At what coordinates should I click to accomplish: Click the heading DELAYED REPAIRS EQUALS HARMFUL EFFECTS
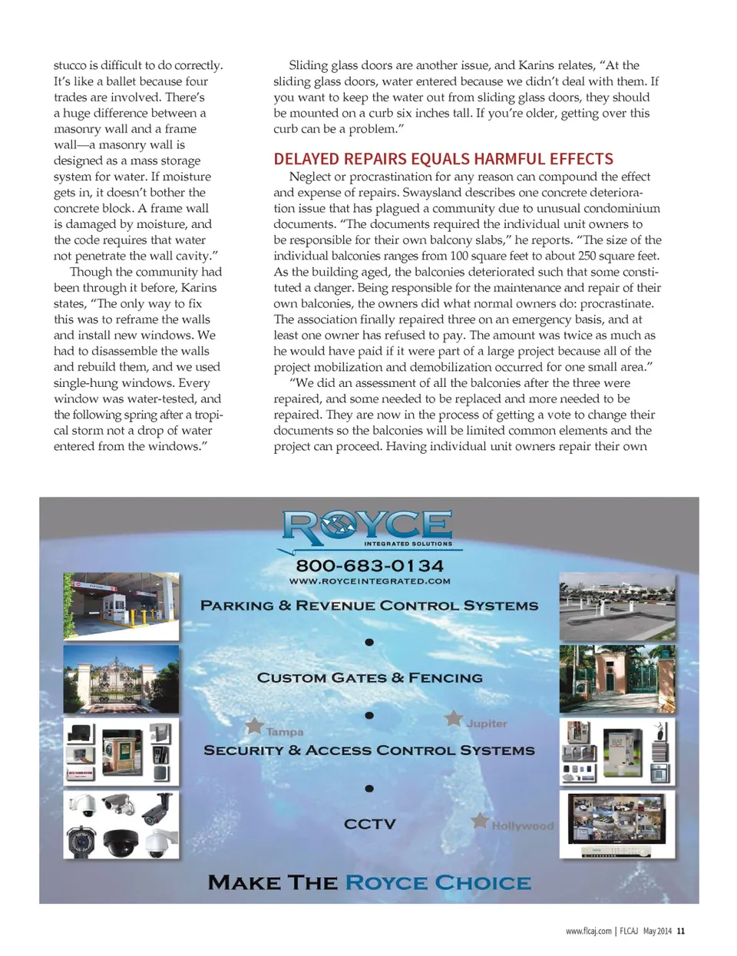[443, 159]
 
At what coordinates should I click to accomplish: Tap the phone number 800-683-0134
[369, 565]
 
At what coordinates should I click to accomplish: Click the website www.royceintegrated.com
[369, 581]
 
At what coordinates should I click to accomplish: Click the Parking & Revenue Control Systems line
[369, 605]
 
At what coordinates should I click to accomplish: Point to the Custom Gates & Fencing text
[369, 677]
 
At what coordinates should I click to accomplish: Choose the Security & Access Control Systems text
[369, 750]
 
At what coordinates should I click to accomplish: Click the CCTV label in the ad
[369, 824]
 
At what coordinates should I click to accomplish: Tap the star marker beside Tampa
[254, 726]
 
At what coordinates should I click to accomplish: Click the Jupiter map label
[487, 723]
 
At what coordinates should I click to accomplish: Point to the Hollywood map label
[522, 825]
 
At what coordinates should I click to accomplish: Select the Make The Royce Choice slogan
[369, 882]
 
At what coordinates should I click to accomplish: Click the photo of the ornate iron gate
[121, 679]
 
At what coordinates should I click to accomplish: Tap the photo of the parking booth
[121, 606]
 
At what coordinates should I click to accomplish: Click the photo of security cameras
[121, 825]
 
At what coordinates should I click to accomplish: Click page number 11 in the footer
[681, 931]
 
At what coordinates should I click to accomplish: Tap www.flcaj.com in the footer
[588, 931]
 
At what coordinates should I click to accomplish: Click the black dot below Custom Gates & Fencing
[369, 715]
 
